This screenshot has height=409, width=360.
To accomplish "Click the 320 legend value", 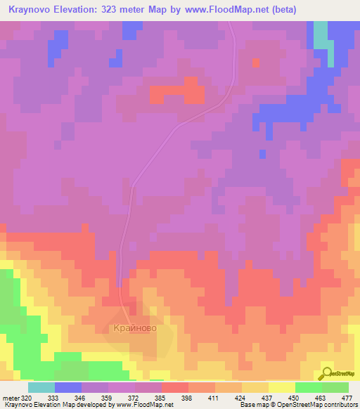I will coord(26,397).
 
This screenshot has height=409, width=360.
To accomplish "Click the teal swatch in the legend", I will coord(41,387).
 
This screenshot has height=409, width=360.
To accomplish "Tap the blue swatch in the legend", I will coord(67,387).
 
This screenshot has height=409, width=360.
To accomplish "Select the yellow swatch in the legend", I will coord(281,387).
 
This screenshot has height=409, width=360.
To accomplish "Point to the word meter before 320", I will coord(8,397).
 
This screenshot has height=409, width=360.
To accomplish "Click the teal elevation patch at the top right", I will coord(321,35).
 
